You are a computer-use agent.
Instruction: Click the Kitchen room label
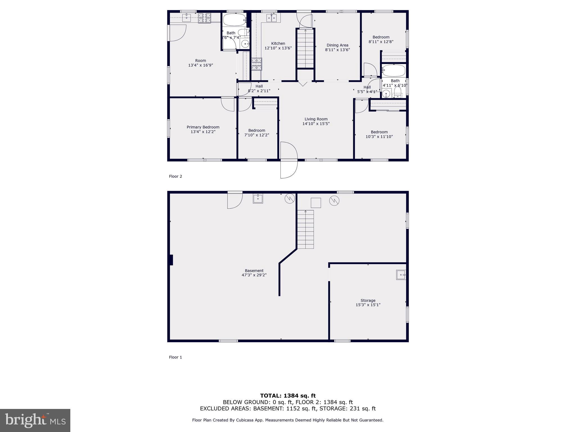[278, 43]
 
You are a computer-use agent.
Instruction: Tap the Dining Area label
[337, 45]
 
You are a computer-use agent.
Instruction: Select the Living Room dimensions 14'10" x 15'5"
[316, 123]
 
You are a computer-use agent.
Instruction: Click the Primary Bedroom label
[203, 127]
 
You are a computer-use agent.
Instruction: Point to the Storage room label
[368, 300]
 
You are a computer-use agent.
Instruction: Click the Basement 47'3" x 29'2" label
[254, 273]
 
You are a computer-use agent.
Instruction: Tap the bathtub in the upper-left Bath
[234, 20]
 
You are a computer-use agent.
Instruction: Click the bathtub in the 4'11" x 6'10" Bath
[394, 71]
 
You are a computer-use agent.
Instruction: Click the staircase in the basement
[305, 229]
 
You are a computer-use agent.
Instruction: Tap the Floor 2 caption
[175, 176]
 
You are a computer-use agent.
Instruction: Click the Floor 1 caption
[175, 357]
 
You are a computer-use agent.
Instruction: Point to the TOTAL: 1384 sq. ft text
[288, 396]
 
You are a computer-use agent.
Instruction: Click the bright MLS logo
[35, 420]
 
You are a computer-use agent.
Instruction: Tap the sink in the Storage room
[401, 274]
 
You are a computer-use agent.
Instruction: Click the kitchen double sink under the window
[272, 18]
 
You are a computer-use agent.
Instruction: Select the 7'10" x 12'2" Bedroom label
[256, 133]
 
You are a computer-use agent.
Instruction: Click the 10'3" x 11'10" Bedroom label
[379, 134]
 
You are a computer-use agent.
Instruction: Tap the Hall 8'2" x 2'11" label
[259, 88]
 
